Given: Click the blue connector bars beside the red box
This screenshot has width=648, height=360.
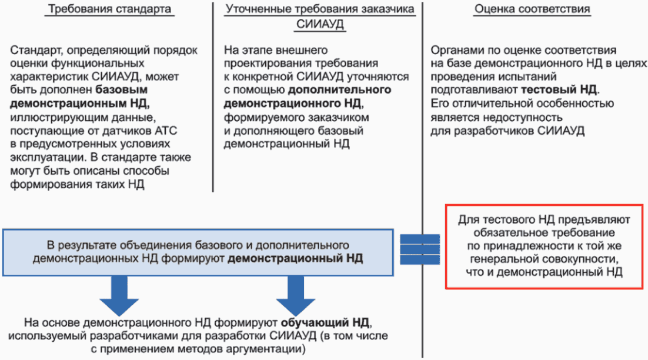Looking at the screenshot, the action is click(419, 251).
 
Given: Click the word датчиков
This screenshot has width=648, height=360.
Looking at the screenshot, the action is click(133, 130).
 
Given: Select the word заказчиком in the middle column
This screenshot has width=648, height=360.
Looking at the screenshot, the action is click(340, 117).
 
